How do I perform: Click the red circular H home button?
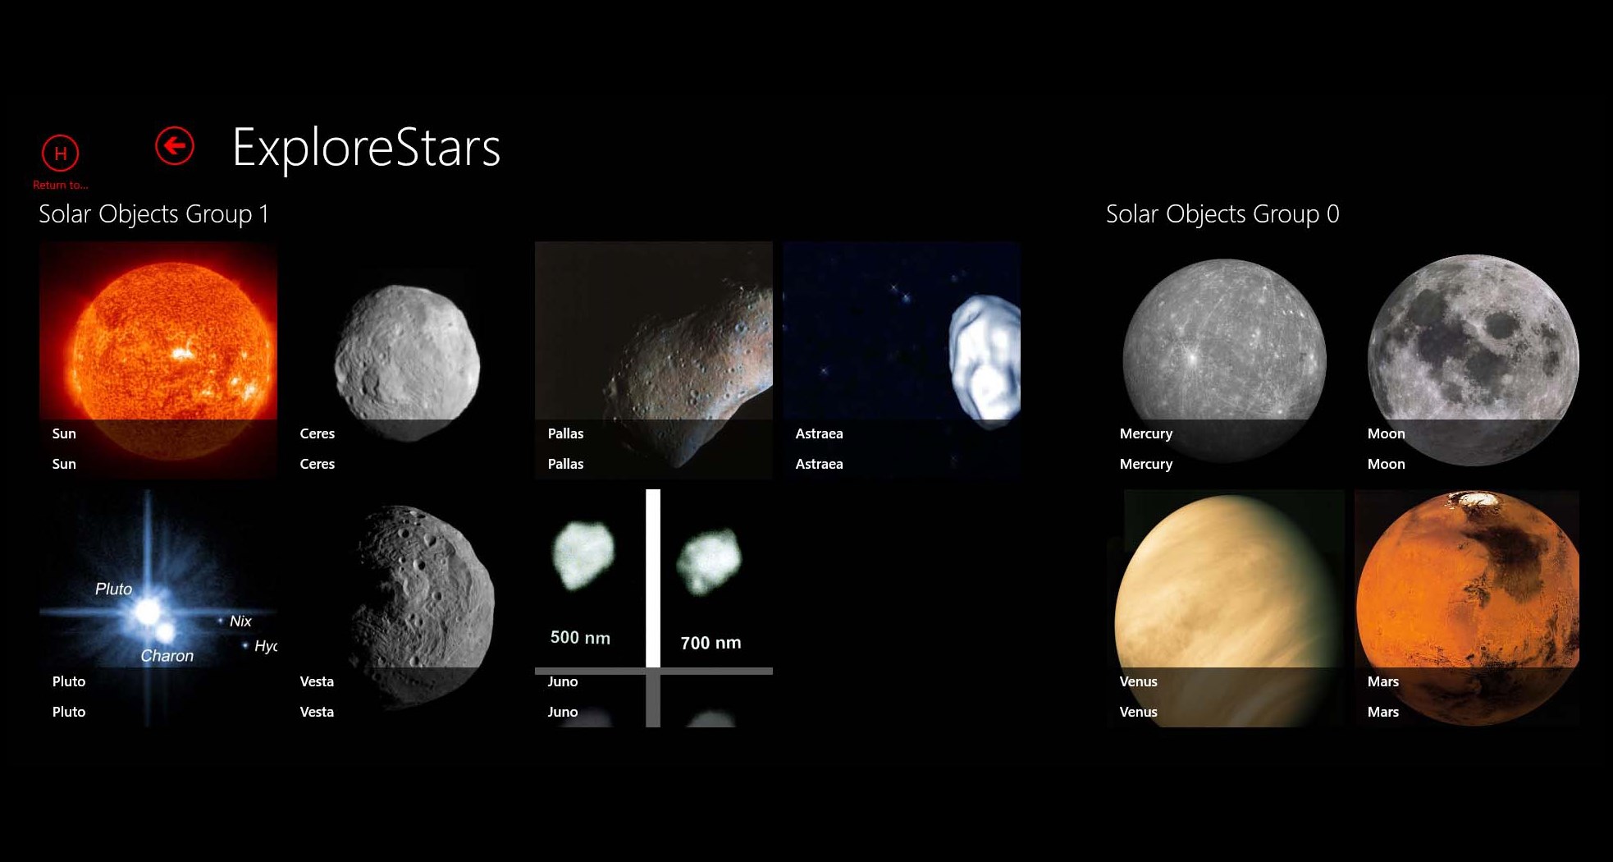(60, 153)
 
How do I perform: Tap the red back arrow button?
(174, 146)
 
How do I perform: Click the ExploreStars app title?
(366, 148)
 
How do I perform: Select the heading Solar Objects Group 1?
(153, 214)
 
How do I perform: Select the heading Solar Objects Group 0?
(1222, 214)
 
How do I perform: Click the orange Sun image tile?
(158, 345)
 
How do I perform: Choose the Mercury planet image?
(1223, 353)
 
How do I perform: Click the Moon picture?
(1472, 353)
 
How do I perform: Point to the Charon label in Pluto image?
(167, 656)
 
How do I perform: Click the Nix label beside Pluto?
(240, 621)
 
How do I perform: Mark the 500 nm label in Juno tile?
(580, 638)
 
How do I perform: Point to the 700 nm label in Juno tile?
(711, 643)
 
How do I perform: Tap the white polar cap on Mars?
(1475, 497)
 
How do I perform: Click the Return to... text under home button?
(60, 185)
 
